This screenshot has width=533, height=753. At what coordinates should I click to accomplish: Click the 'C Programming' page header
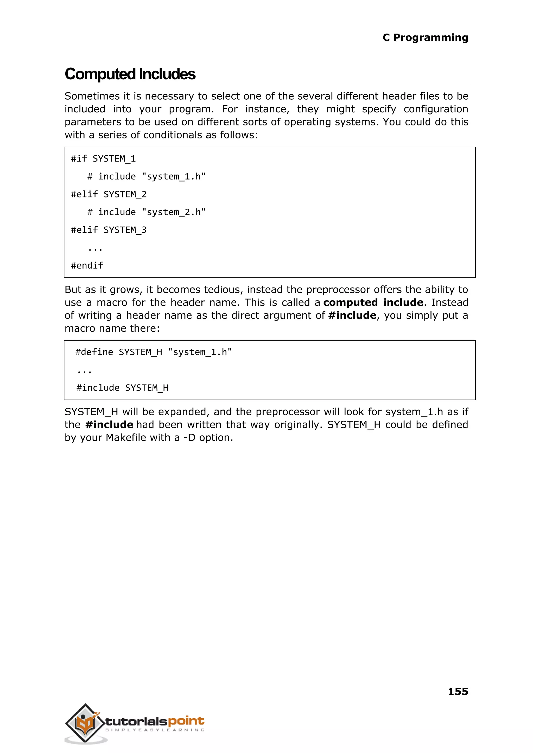425,37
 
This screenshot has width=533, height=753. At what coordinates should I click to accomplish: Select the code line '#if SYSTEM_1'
103,159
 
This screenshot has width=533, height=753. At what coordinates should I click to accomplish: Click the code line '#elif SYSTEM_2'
109,194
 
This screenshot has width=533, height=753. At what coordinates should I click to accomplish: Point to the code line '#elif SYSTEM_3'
109,230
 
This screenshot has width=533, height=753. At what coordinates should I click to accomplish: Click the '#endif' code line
87,265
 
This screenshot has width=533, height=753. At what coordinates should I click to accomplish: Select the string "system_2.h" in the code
174,212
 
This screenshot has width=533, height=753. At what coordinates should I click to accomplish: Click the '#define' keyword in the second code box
94,352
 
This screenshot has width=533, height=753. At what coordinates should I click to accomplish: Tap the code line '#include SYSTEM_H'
122,388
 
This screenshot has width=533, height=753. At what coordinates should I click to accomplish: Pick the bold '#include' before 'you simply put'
352,315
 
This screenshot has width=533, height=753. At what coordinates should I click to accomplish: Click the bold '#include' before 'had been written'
109,425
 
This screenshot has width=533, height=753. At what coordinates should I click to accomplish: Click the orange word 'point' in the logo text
186,721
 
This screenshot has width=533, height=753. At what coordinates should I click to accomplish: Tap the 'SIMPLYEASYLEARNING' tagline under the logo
155,730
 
